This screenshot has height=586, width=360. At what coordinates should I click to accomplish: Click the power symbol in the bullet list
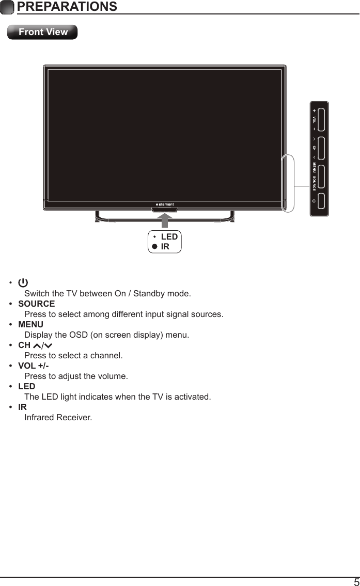[23, 283]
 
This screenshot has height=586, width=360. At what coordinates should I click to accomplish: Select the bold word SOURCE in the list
[36, 304]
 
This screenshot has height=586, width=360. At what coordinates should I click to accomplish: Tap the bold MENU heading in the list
[30, 324]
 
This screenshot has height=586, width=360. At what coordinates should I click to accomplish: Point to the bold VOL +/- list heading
[34, 366]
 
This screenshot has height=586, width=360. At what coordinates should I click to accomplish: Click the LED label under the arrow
[169, 237]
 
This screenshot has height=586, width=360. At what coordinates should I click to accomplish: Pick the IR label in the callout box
[165, 246]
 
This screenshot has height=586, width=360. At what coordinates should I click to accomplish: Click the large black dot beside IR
[154, 247]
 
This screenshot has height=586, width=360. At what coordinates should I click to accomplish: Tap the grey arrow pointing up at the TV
[165, 219]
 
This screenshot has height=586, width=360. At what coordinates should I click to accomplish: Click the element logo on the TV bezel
[165, 203]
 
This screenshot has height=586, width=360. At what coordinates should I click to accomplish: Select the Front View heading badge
[43, 32]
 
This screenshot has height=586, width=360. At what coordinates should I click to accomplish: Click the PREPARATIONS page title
[66, 7]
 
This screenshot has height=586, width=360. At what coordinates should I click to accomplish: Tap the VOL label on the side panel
[314, 119]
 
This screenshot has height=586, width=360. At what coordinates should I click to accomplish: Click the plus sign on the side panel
[314, 110]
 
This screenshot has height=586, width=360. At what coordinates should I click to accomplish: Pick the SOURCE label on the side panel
[314, 183]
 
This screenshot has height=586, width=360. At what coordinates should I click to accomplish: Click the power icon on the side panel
[314, 201]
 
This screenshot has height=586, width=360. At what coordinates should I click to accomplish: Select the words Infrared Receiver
[58, 417]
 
